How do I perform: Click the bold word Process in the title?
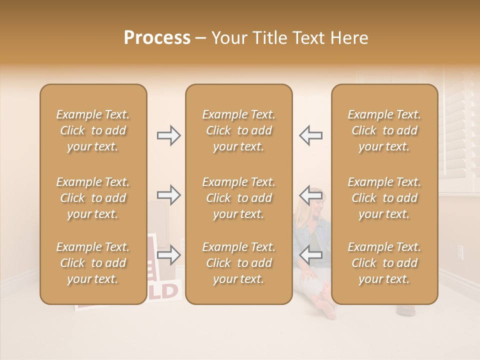(x=157, y=38)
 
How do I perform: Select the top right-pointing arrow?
(x=169, y=135)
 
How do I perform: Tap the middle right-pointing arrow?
(x=169, y=195)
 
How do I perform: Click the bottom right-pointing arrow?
(x=169, y=255)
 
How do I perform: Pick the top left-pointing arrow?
(x=310, y=135)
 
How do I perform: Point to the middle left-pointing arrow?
(x=310, y=195)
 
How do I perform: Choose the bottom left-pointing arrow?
(x=310, y=255)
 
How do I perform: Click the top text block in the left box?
(x=93, y=130)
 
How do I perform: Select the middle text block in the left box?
(x=93, y=198)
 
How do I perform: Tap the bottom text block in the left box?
(x=93, y=263)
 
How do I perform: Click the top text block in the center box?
(x=238, y=130)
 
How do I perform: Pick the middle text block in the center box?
(x=238, y=198)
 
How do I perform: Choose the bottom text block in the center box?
(x=238, y=263)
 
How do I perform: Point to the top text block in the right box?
(x=384, y=130)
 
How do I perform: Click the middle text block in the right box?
(x=384, y=198)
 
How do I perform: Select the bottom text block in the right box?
(x=384, y=263)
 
